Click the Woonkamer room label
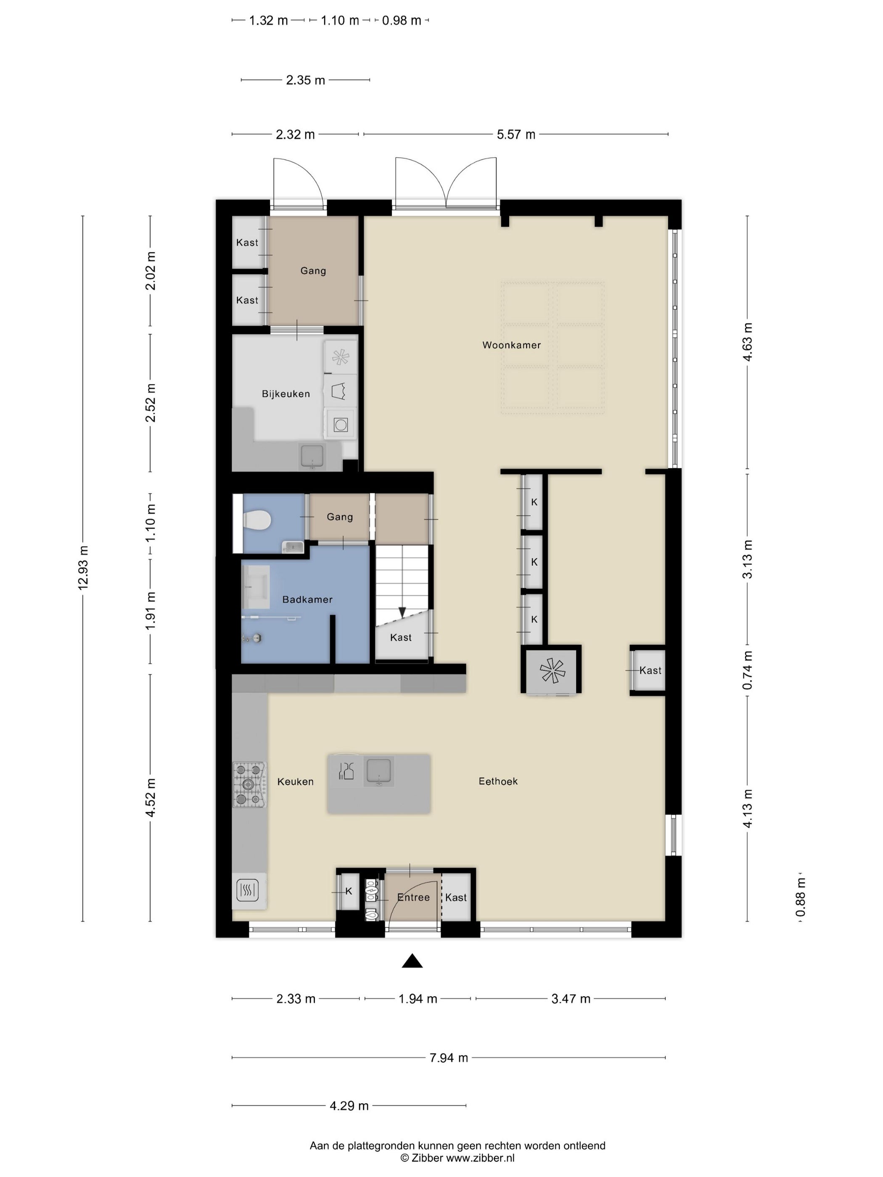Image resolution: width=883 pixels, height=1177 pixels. pos(511,345)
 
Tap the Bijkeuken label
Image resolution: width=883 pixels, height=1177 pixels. pos(286,394)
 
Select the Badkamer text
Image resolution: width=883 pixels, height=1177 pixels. pos(307,599)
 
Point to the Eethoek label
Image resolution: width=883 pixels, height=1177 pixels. pos(498,781)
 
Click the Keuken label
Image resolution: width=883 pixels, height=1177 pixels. pos(296,781)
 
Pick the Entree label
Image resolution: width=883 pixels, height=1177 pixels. pos(413,897)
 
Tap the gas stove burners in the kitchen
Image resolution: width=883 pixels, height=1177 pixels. pos(249,784)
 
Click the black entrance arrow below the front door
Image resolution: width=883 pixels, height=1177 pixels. pos(412,961)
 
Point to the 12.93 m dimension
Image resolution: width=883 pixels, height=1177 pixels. pos(83,567)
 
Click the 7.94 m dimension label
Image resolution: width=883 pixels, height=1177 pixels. pos(449,1058)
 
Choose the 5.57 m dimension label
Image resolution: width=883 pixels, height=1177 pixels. pos(516,134)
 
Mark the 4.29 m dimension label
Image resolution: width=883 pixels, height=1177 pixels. pos(349,1106)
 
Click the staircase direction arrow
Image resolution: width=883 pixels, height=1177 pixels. pos(402,612)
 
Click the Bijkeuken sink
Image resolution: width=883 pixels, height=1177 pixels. pos(312,456)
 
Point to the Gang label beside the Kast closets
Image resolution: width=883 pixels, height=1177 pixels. pos(313,270)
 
